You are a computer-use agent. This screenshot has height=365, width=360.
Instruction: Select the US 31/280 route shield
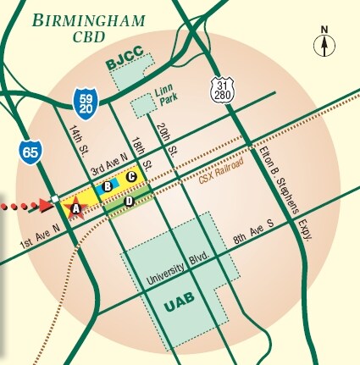click(222, 88)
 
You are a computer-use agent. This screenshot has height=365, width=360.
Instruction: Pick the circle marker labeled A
click(75, 207)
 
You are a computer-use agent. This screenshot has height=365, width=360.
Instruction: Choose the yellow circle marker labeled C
click(131, 175)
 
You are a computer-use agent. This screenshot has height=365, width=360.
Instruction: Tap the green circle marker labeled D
click(129, 201)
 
